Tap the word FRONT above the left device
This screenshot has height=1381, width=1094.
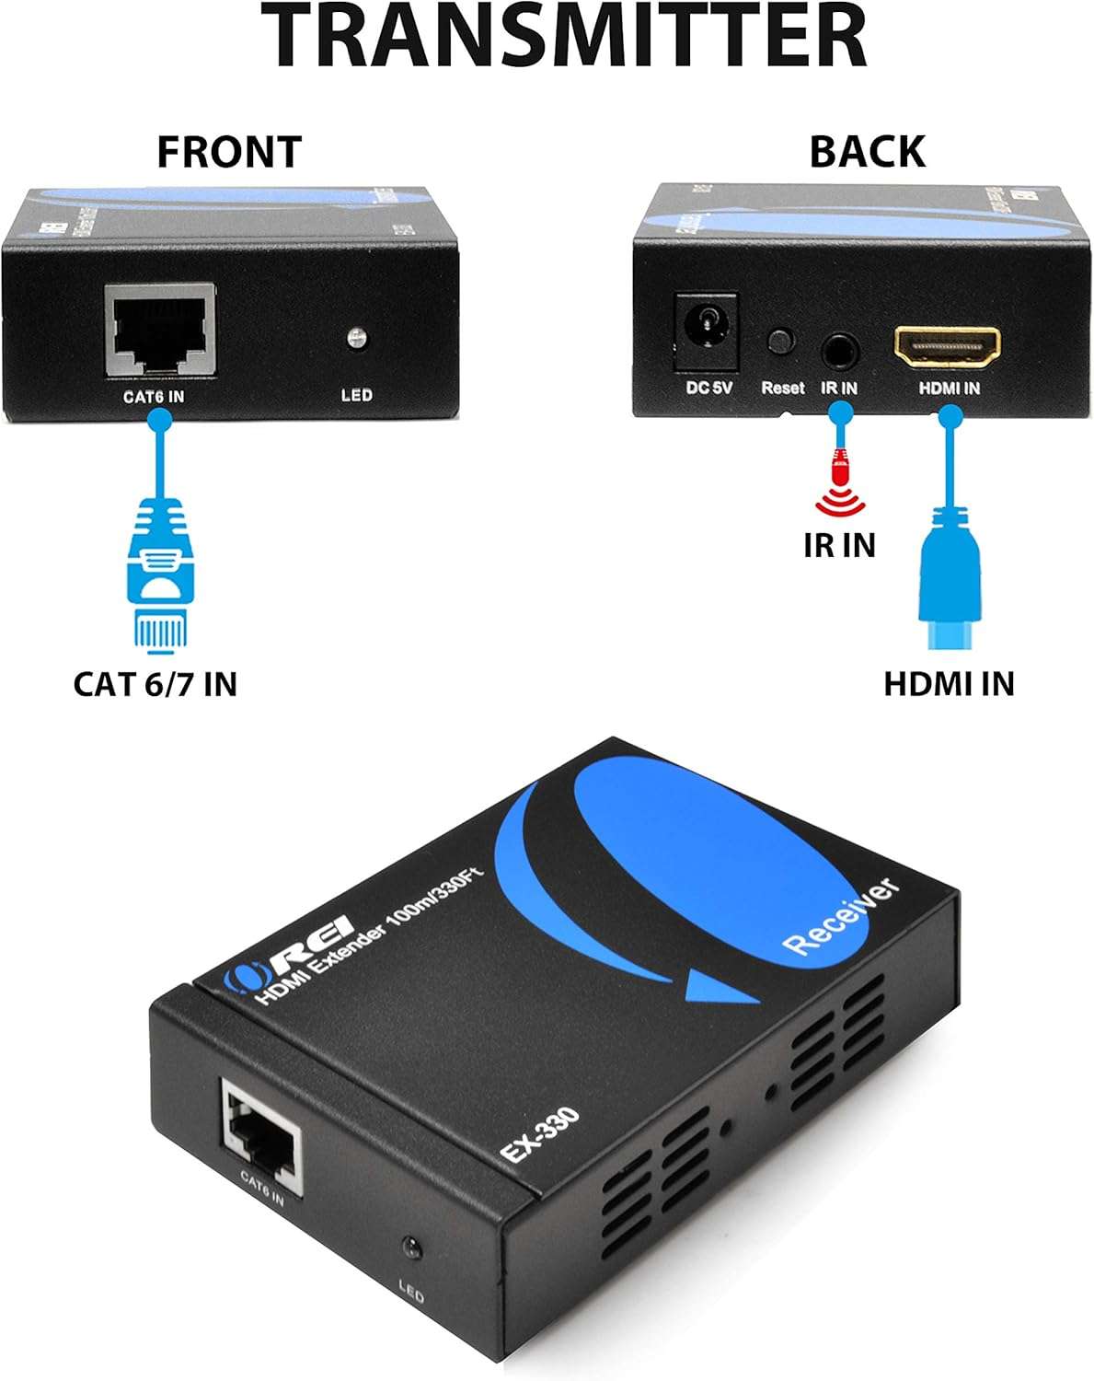pos(229,152)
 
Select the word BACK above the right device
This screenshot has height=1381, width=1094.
pos(867,152)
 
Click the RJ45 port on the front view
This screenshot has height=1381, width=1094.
pos(160,332)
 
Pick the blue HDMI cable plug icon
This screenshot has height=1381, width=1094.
pos(950,571)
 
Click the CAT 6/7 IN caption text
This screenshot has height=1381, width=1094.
pos(155,684)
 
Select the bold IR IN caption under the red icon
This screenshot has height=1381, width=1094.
pos(838,545)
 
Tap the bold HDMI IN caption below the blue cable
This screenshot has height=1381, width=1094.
pos(949,684)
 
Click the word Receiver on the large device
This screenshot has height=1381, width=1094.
pos(838,917)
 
